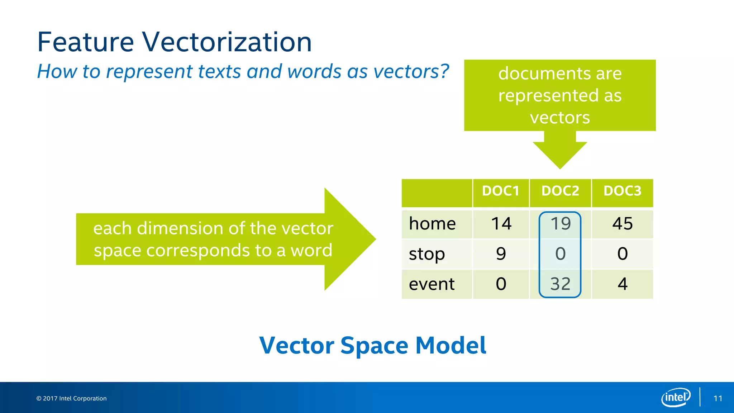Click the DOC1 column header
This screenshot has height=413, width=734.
(501, 191)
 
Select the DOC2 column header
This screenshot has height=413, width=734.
(560, 191)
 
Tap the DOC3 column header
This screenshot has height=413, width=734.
(622, 191)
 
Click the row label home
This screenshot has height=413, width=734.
(432, 224)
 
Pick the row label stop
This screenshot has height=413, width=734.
(427, 254)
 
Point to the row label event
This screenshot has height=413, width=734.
(432, 284)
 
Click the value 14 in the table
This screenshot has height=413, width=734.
(501, 224)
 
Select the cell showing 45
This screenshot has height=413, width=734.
(623, 224)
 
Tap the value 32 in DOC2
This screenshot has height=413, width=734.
(560, 284)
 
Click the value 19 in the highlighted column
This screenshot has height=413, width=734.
(560, 224)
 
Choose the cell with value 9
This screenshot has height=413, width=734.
(501, 254)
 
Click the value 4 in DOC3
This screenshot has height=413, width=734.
(623, 284)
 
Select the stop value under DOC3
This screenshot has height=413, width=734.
(623, 254)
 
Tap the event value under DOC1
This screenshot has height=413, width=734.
(501, 284)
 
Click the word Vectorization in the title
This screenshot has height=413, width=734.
(227, 42)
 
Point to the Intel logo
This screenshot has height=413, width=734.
(676, 397)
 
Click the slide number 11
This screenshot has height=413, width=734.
(718, 399)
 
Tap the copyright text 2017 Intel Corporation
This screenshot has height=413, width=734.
(71, 399)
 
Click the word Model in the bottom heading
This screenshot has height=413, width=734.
(451, 346)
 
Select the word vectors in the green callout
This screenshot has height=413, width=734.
(560, 118)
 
